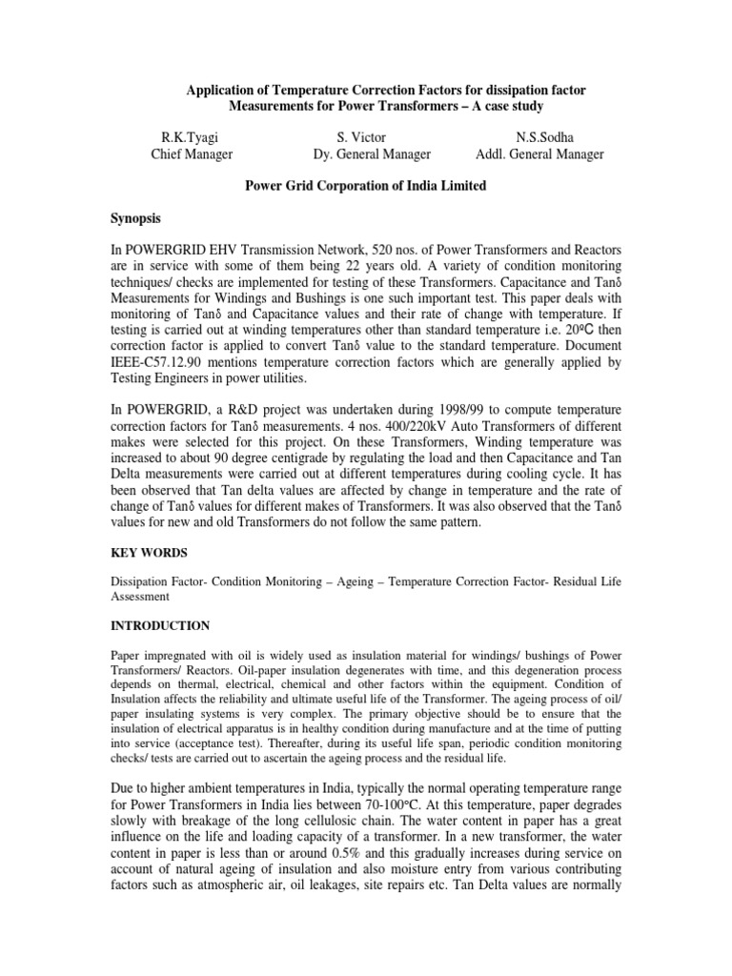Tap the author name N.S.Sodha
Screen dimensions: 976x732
point(539,137)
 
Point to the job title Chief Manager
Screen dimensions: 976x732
point(191,154)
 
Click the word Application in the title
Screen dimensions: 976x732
point(217,90)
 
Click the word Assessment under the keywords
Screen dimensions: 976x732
point(140,597)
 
